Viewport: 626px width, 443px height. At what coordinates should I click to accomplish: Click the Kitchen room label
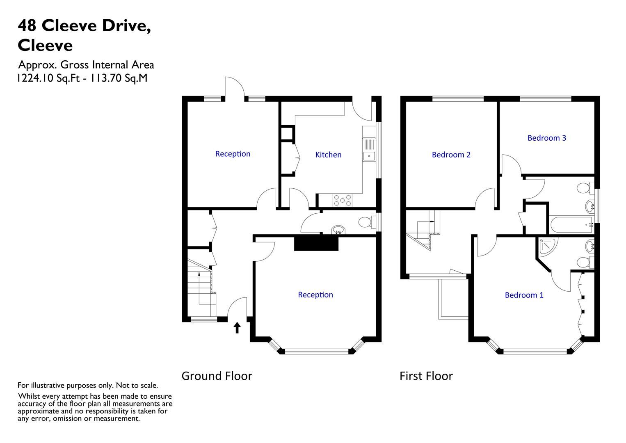[328, 155]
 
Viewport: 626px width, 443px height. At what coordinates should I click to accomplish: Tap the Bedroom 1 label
[524, 295]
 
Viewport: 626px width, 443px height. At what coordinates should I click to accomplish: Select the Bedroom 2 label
[451, 155]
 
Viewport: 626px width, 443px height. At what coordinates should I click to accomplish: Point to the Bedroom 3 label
[546, 138]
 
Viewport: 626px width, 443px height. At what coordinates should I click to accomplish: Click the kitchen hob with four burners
[343, 200]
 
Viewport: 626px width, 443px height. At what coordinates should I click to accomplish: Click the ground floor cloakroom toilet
[365, 222]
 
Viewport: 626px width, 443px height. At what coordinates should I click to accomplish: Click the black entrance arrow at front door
[237, 327]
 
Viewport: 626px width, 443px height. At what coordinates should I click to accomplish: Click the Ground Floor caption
[217, 376]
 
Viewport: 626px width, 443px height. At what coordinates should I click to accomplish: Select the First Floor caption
[426, 376]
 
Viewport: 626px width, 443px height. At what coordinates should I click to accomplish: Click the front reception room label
[315, 295]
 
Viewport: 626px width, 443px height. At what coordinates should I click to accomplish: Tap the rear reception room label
[233, 154]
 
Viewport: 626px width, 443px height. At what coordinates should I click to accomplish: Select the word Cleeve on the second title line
[45, 45]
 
